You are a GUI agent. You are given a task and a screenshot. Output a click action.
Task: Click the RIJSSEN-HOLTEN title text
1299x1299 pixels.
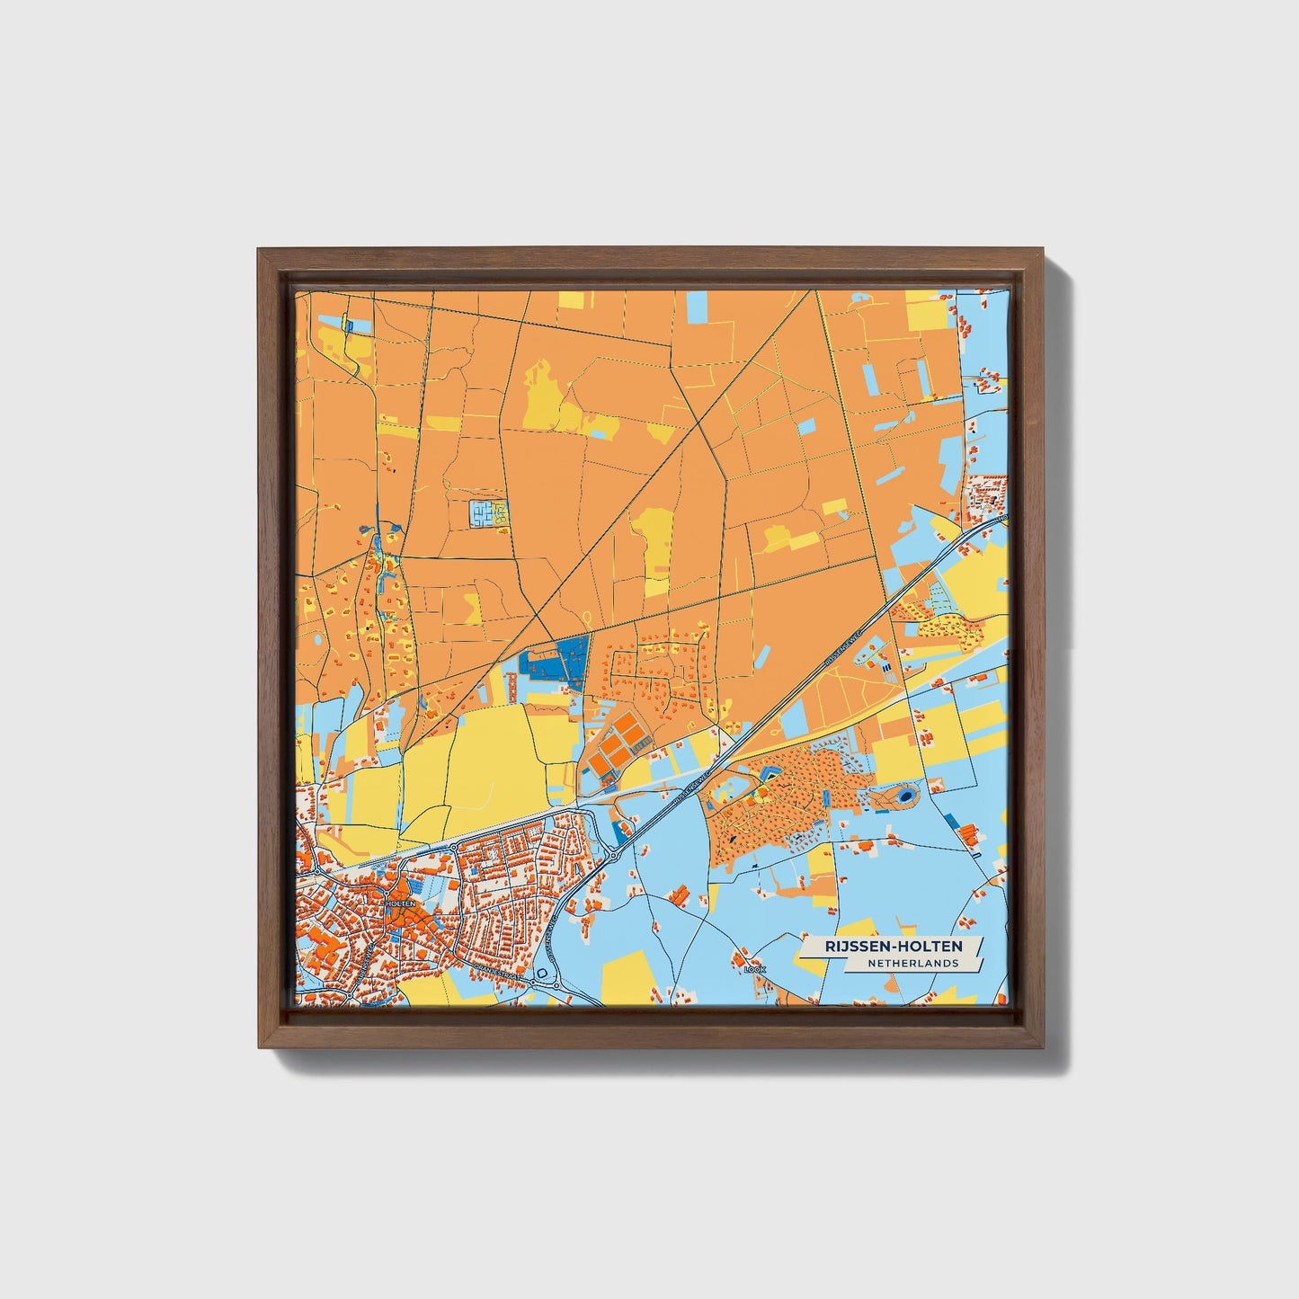[x=893, y=946]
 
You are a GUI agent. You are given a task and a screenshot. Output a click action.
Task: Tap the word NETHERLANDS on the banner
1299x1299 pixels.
[x=913, y=963]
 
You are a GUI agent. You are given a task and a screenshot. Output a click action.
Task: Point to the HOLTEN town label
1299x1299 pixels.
[x=399, y=903]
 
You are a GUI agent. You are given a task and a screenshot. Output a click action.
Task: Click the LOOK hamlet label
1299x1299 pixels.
[x=754, y=970]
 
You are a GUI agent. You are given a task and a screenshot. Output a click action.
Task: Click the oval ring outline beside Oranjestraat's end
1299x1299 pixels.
[x=541, y=974]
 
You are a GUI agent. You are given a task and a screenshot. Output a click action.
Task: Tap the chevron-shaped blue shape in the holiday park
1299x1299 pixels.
[x=770, y=772]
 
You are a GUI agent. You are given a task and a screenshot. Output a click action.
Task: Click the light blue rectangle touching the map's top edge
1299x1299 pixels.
[x=698, y=307]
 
